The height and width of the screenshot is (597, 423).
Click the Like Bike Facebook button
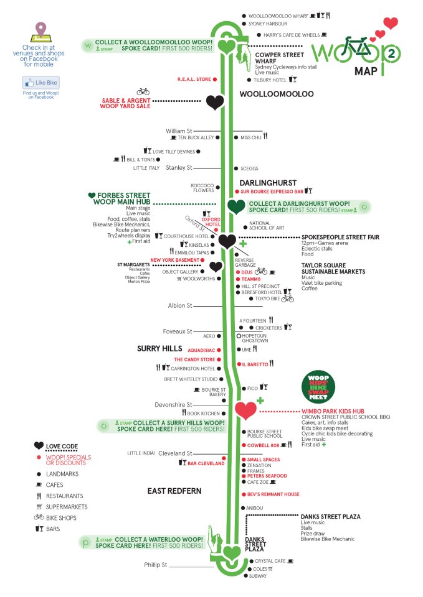40,83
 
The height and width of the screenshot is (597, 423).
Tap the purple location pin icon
40,30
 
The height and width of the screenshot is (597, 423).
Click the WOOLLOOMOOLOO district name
277,94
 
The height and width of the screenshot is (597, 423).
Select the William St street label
179,131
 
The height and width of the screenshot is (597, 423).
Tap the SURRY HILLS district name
159,349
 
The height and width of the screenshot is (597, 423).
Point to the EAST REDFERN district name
174,491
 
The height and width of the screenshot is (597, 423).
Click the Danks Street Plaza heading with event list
330,517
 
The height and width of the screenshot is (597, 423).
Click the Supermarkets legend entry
67,507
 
